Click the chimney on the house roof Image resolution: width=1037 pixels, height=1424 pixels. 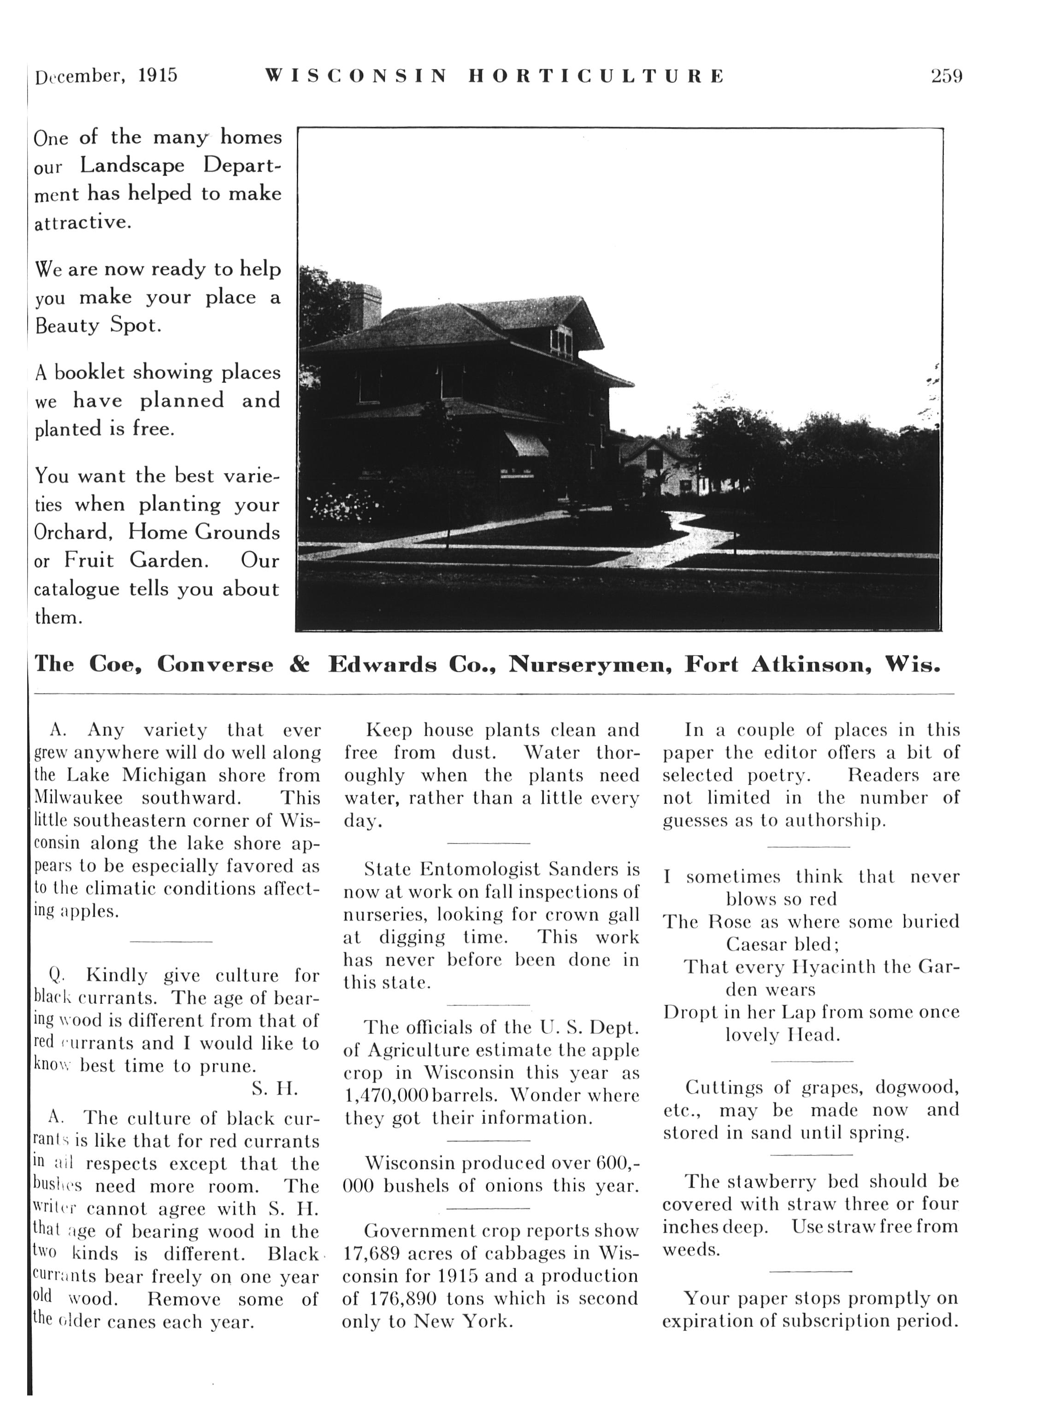point(365,306)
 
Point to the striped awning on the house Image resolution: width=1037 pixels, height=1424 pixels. point(526,443)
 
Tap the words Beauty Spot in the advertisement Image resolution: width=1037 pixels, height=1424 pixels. point(98,325)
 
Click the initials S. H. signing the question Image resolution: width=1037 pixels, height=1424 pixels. point(275,1088)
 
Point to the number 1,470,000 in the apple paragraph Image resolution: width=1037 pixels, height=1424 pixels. point(386,1095)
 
